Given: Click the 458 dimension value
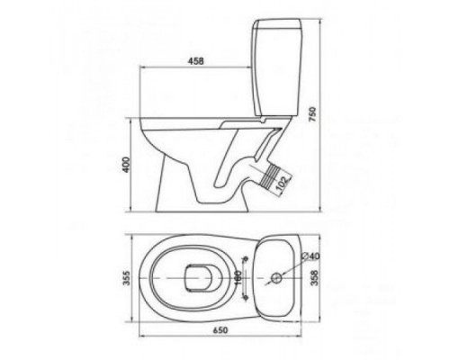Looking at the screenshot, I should (194, 61).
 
